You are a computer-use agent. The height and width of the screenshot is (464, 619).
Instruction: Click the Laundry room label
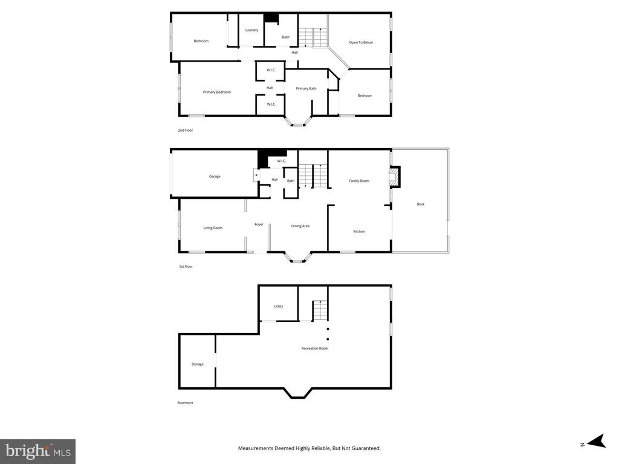pos(251,30)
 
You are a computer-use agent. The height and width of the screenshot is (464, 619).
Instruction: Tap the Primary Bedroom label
pos(217,92)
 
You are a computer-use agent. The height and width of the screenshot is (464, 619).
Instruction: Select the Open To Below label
pos(361,42)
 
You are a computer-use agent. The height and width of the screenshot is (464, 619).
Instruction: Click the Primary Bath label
pos(306,88)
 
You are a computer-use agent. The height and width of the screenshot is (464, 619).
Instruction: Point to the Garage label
pos(215,176)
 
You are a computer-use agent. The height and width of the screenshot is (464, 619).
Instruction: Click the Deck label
pos(421,204)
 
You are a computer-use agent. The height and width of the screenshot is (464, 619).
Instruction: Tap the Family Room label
pos(359,181)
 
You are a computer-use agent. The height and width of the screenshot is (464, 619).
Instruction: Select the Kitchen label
pos(359,231)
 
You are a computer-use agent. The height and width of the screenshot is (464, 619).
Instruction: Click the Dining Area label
pos(300,226)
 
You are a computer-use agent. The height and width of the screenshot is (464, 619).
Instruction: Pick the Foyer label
pos(259,224)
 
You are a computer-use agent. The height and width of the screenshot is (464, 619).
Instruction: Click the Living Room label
pos(213,228)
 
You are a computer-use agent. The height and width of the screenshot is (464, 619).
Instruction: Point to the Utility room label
pos(278,306)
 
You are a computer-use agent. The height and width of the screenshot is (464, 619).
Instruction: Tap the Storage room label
pos(198,364)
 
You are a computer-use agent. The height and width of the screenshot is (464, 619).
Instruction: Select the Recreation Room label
pos(314,348)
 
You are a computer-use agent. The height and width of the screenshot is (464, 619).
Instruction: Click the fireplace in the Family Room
pos(395,176)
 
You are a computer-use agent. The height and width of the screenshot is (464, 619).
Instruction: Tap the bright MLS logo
pos(37,451)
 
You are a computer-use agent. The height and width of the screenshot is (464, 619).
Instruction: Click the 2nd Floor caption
pos(185,130)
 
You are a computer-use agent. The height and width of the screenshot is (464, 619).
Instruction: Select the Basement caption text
pos(185,403)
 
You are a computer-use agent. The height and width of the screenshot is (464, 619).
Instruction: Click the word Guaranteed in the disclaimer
pos(366,448)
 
